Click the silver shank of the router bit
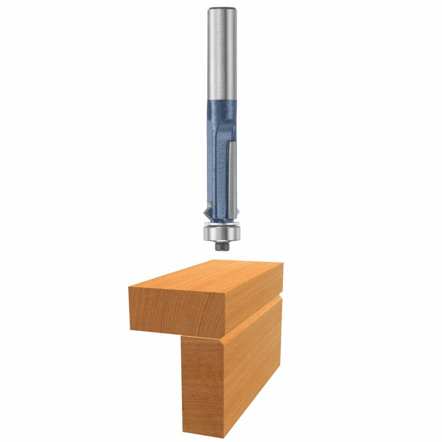[x=221, y=57]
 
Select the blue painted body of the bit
[x=217, y=155]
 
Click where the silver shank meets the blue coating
[x=221, y=100]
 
